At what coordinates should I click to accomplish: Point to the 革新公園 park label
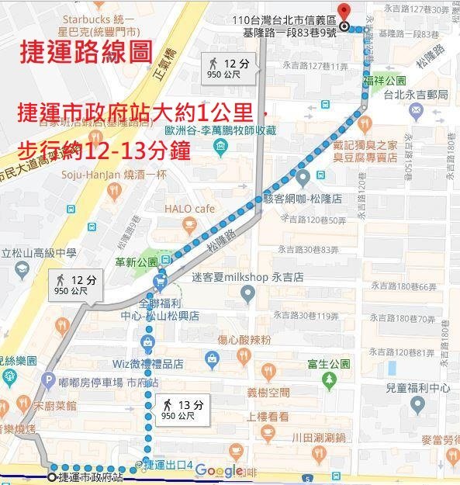click(x=136, y=262)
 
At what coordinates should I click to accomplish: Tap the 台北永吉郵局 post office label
click(x=417, y=95)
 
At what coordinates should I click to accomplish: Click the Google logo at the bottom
click(x=218, y=470)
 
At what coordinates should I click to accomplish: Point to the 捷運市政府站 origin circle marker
click(x=52, y=476)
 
